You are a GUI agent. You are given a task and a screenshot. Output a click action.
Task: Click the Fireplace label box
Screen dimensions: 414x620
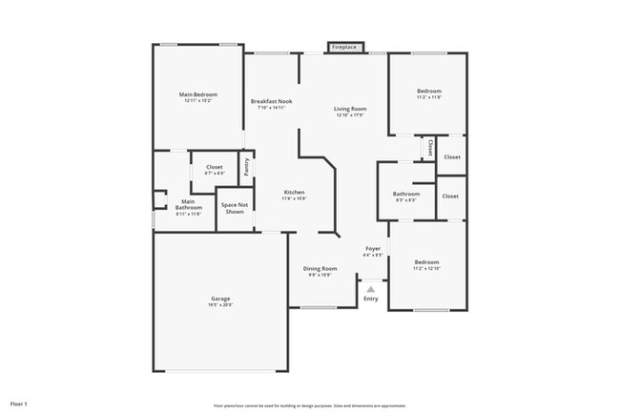(344, 47)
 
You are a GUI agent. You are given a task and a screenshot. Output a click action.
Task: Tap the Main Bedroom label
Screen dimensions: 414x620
(198, 95)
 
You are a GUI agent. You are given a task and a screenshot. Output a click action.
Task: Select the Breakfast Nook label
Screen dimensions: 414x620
(271, 102)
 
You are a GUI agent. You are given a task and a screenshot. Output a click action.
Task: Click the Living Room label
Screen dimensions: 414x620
(350, 110)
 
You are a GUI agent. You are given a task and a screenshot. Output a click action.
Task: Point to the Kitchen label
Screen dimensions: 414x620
(294, 194)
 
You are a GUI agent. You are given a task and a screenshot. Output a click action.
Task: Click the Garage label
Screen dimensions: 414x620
(220, 300)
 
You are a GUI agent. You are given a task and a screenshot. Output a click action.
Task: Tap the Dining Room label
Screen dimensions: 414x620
(320, 270)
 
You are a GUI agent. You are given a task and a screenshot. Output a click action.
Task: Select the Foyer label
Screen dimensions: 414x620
(373, 251)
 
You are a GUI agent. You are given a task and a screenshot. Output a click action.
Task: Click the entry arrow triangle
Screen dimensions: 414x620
(371, 287)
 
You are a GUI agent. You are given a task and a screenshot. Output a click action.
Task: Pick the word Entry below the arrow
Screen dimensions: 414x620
(371, 299)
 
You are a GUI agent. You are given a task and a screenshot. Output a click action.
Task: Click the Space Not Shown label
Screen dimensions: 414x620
(235, 207)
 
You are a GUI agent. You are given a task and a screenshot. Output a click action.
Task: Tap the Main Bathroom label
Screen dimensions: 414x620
(189, 205)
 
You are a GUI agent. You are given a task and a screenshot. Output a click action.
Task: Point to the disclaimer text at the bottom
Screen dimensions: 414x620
(310, 405)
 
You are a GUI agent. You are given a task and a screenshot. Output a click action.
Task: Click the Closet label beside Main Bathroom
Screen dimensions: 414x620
(215, 169)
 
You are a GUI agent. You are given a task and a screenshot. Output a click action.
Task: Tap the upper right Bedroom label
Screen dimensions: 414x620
(428, 93)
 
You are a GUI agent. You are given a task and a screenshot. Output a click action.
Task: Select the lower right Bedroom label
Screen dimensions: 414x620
(426, 263)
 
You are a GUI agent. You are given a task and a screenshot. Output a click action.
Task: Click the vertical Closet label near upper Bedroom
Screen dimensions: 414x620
(430, 149)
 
